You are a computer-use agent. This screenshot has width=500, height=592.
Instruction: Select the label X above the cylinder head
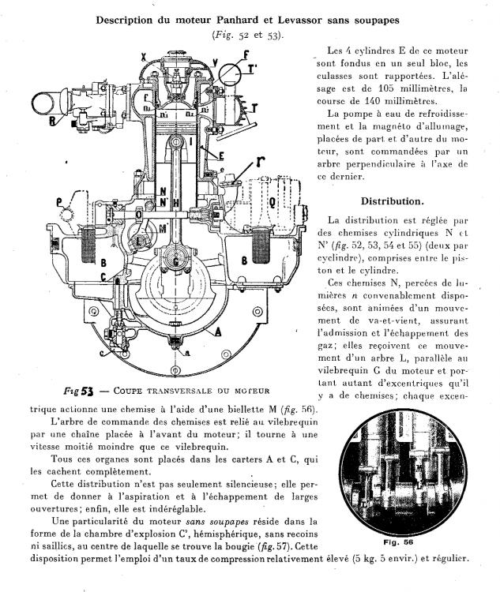pyautogui.click(x=142, y=56)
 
